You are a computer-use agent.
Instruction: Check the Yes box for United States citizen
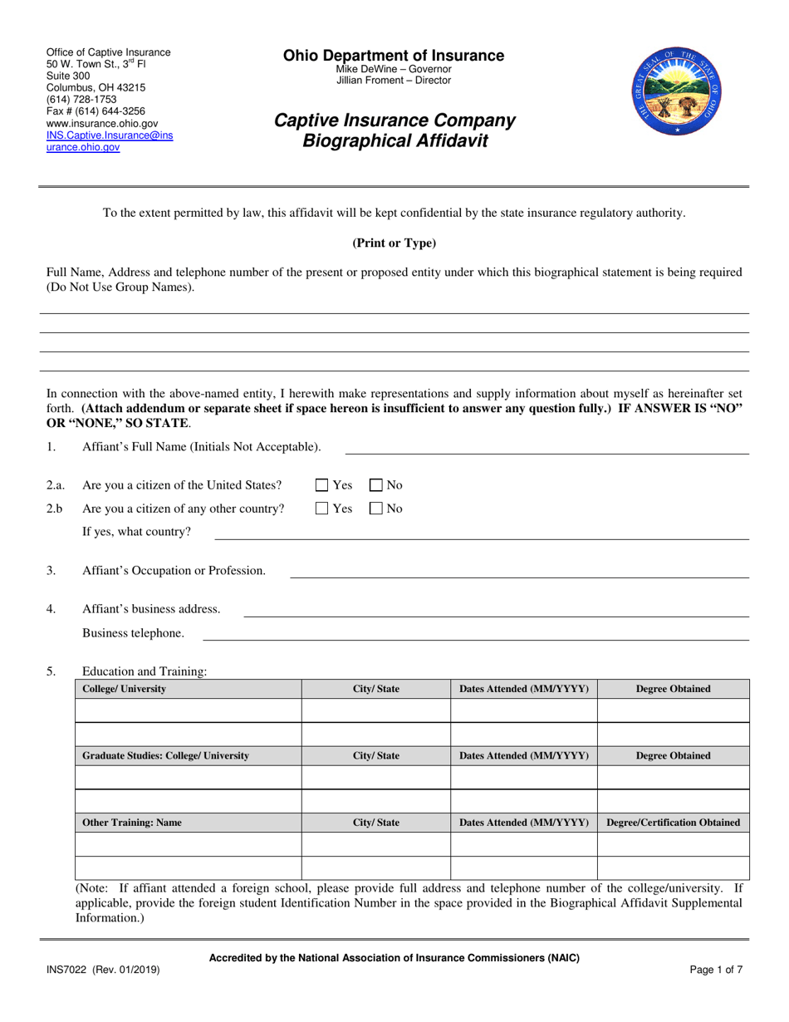click(x=323, y=485)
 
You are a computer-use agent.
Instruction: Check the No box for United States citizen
click(x=375, y=485)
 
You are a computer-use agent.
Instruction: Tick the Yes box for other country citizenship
click(x=323, y=509)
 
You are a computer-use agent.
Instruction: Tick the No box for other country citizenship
click(x=375, y=509)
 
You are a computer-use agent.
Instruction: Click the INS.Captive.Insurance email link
click(x=109, y=140)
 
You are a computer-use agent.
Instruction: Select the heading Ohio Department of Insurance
click(x=394, y=56)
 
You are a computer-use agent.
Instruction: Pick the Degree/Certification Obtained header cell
click(x=673, y=823)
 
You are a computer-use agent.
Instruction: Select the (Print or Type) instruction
click(x=394, y=243)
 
